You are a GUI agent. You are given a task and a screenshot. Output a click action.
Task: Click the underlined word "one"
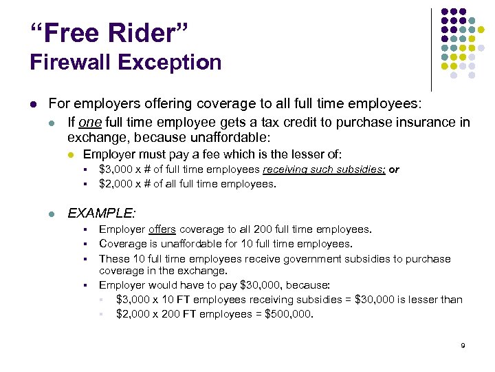tap(89, 123)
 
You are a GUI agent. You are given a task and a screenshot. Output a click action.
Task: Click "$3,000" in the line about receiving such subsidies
tap(115, 169)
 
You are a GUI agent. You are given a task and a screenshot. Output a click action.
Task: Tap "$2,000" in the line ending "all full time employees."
tap(115, 184)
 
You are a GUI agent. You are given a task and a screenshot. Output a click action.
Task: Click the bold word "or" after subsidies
tap(394, 169)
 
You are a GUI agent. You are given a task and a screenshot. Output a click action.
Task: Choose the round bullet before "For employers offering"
tap(33, 104)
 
